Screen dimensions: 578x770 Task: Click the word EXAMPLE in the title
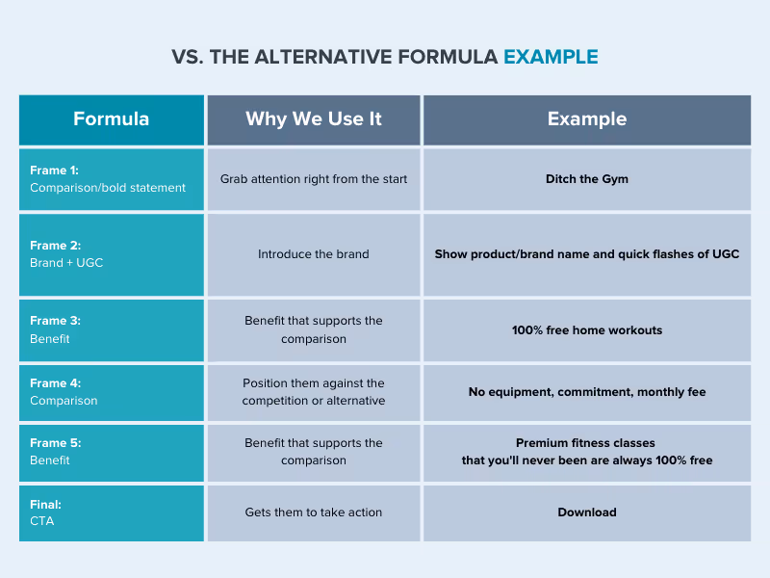pyautogui.click(x=551, y=57)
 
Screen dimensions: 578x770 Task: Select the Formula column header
pyautogui.click(x=111, y=119)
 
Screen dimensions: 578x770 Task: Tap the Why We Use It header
pyautogui.click(x=314, y=119)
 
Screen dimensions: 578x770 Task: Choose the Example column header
pyautogui.click(x=587, y=119)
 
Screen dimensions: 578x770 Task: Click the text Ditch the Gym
pyautogui.click(x=587, y=179)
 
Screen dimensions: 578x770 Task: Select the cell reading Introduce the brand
pyautogui.click(x=314, y=254)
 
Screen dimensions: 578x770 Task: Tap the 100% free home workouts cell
pyautogui.click(x=587, y=330)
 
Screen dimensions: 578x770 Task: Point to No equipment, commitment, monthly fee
pyautogui.click(x=587, y=392)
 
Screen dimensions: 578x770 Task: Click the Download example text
pyautogui.click(x=587, y=512)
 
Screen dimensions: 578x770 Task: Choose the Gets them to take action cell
pyautogui.click(x=314, y=512)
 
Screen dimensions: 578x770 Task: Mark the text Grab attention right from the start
pyautogui.click(x=314, y=179)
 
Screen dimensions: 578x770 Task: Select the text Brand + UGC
pyautogui.click(x=66, y=263)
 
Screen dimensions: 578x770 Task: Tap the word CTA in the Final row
pyautogui.click(x=42, y=521)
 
